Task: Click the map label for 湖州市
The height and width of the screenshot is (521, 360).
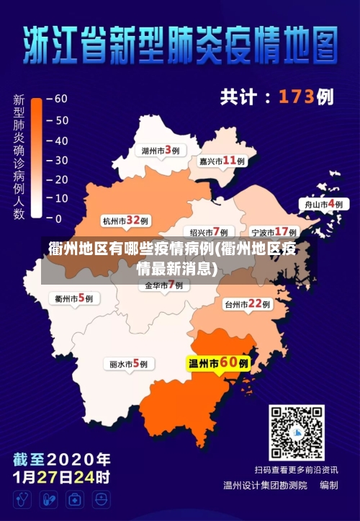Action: point(160,151)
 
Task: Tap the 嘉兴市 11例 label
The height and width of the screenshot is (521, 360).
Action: point(222,161)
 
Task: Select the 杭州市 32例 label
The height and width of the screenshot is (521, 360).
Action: point(125,221)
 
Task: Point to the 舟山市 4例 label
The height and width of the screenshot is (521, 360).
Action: point(323,204)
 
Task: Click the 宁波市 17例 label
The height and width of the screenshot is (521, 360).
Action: point(274,232)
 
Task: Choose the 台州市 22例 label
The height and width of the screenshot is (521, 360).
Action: point(247,304)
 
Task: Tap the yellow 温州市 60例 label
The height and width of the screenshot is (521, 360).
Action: point(219,363)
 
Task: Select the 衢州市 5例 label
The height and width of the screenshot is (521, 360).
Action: point(73,297)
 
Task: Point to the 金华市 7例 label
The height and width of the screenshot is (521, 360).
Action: point(164,285)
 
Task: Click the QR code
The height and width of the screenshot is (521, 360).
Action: point(297,432)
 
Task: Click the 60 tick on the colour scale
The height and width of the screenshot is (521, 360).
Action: point(58,99)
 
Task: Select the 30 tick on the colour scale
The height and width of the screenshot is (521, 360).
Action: point(58,159)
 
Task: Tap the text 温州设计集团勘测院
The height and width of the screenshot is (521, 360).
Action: point(265,485)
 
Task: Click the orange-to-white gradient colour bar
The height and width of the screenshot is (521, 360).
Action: point(37,159)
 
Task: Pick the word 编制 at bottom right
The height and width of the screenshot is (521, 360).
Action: point(329,485)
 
